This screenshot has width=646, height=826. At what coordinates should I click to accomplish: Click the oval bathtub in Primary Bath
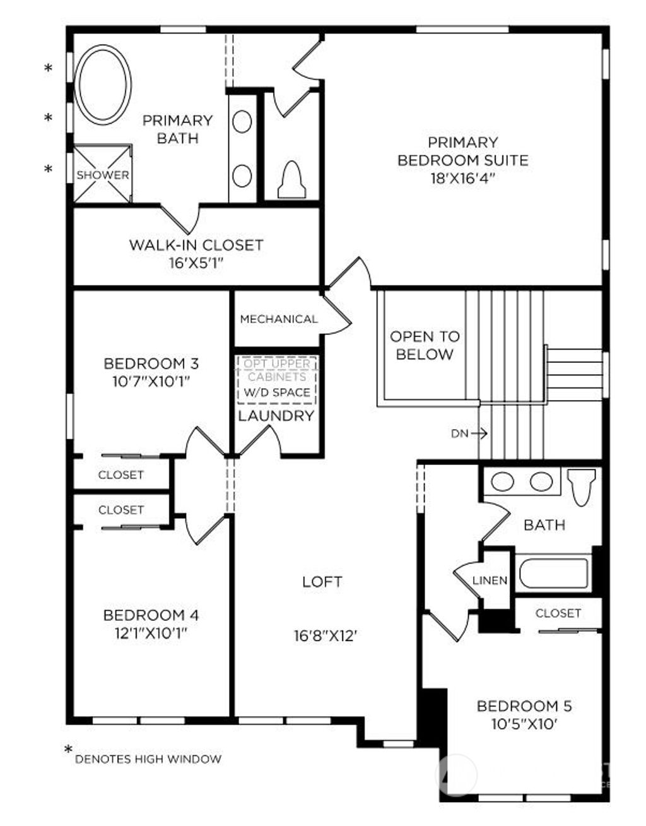[103, 85]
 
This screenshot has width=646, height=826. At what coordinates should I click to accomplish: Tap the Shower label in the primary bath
[103, 175]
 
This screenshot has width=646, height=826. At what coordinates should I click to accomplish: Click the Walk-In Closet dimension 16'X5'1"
[196, 263]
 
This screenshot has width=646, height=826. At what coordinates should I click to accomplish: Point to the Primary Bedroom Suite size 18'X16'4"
[462, 178]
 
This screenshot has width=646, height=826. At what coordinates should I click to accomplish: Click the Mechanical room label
[279, 319]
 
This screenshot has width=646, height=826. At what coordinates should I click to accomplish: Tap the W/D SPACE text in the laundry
[278, 392]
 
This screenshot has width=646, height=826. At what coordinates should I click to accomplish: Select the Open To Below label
[425, 345]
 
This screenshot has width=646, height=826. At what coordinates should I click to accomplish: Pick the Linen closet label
[490, 581]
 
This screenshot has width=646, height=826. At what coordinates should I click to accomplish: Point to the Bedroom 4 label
[151, 615]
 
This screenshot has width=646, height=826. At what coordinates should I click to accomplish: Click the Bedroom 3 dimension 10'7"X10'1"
[151, 381]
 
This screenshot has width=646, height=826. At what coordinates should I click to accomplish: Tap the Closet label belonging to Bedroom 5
[558, 613]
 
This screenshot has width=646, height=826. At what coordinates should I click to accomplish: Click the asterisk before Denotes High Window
[68, 750]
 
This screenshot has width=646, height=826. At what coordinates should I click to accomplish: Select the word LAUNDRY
[276, 416]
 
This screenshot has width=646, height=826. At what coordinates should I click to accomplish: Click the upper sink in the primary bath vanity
[242, 121]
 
